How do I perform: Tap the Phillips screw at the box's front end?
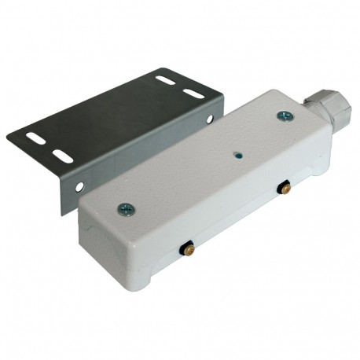[x=125, y=209]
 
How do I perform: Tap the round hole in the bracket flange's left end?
[x=79, y=186]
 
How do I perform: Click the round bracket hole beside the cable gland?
[x=211, y=119]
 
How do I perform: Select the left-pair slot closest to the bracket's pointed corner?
[x=36, y=138]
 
